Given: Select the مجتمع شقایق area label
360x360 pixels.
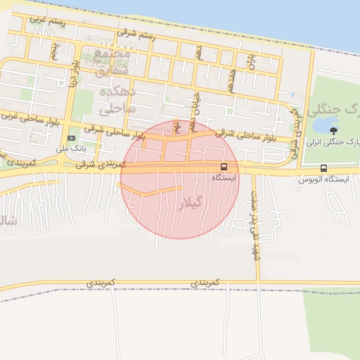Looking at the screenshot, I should coord(112,62).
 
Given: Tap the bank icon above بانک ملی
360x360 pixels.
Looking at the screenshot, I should coord(71,138).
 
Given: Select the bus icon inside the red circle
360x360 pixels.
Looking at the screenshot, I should coord(224,167).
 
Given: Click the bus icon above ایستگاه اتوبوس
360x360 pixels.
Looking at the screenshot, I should coord(323,168).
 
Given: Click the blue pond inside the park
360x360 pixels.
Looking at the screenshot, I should coord(323,124).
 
